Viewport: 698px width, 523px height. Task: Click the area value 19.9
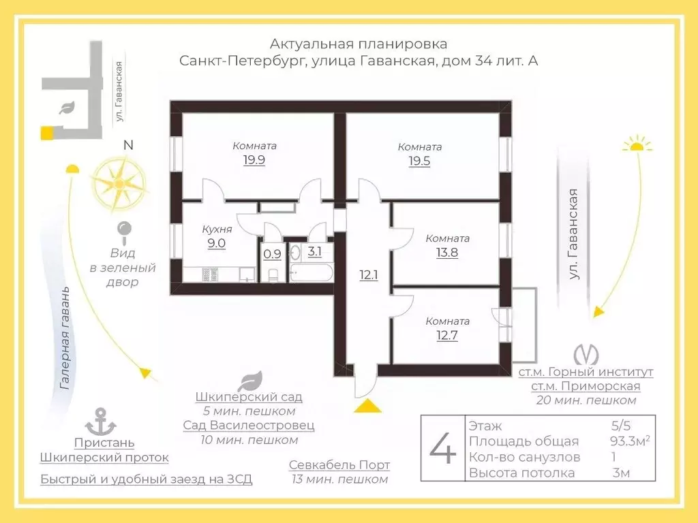tap(254, 159)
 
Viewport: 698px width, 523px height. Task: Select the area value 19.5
tap(419, 161)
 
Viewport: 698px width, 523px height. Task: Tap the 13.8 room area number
tap(447, 253)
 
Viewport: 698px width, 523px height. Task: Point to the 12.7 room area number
tap(447, 335)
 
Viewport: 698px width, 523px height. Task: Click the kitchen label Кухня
tap(217, 229)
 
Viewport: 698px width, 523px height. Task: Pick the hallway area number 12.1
tap(369, 275)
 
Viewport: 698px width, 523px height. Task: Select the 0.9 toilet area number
tap(272, 254)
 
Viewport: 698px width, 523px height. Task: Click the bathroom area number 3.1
tap(314, 252)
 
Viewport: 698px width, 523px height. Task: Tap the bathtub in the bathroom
tap(311, 272)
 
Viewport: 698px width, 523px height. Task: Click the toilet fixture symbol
tap(273, 274)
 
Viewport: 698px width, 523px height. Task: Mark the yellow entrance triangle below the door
tap(367, 406)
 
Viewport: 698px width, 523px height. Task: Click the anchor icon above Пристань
tap(101, 422)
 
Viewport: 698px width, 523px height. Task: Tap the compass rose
tap(119, 183)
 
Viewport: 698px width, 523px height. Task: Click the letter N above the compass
tap(128, 145)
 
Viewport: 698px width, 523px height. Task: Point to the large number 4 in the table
tap(443, 448)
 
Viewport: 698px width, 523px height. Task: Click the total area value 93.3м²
tap(630, 441)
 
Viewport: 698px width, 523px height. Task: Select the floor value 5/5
tap(621, 426)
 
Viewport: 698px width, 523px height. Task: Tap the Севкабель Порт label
tap(339, 465)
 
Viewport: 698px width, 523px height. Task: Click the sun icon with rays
tap(637, 144)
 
